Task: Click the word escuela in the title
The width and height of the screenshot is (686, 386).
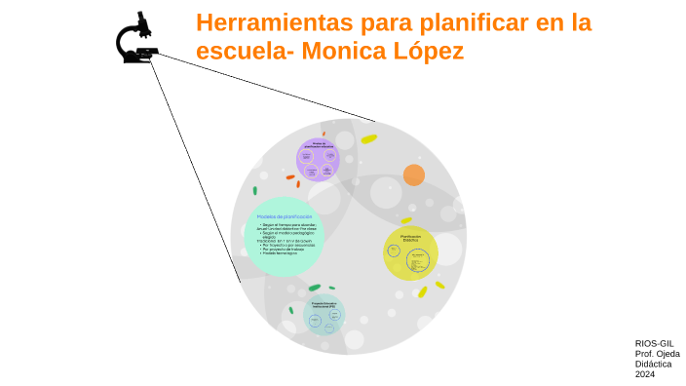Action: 238,51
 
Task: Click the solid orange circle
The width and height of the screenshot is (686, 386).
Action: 414,175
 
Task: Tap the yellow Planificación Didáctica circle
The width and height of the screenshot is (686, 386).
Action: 410,253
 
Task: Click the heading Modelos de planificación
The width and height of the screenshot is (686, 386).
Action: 285,215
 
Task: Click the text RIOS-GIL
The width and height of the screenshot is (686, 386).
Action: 654,343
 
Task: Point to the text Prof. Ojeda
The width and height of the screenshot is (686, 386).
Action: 657,354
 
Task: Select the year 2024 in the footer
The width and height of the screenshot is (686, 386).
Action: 645,374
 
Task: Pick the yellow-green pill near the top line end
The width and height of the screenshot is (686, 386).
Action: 368,139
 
